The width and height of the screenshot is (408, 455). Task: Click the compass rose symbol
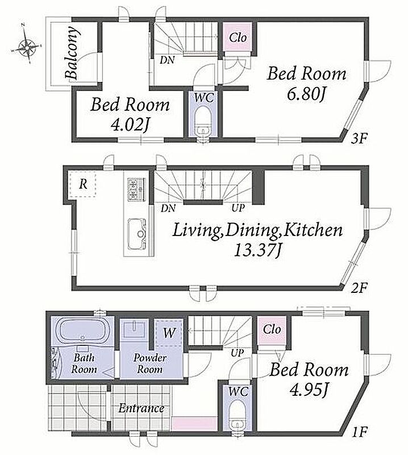point(27,46)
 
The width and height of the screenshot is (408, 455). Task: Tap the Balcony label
point(72,53)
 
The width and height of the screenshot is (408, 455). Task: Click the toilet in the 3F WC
point(202,122)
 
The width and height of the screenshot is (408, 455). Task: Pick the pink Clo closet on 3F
point(238,37)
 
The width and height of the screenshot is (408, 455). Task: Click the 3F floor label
point(359,139)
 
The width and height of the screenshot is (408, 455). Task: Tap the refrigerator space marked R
point(82,184)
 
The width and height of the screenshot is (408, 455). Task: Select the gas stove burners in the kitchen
point(136,189)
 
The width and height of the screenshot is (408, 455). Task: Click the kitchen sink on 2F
point(137,234)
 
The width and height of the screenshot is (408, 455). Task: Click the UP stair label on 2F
point(238,208)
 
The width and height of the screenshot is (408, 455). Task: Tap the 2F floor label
point(359,288)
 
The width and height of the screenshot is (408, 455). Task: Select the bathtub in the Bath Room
point(82,330)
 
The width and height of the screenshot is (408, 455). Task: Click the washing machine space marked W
point(168,333)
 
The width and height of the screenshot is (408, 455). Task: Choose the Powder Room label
point(149,363)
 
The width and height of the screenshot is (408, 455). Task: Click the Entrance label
point(141,408)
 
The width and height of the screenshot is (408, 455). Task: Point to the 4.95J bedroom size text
point(309,390)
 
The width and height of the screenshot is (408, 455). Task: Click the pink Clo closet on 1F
point(272,330)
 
